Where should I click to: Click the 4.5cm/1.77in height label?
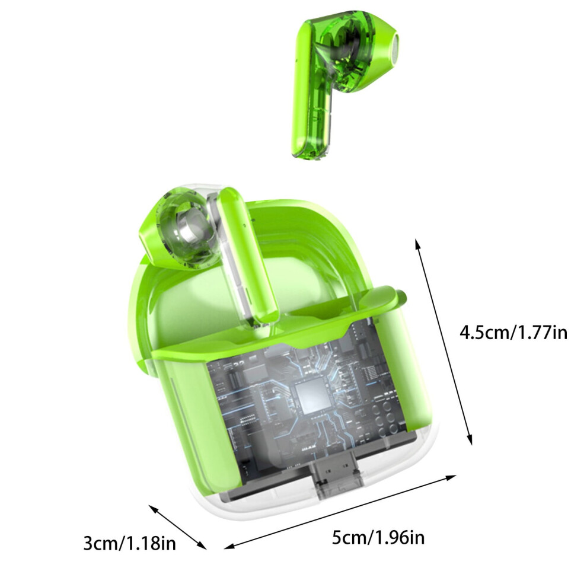513,333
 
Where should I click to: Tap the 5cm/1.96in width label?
378,538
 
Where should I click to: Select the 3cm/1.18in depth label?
129,543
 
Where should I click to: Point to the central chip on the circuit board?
312,395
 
